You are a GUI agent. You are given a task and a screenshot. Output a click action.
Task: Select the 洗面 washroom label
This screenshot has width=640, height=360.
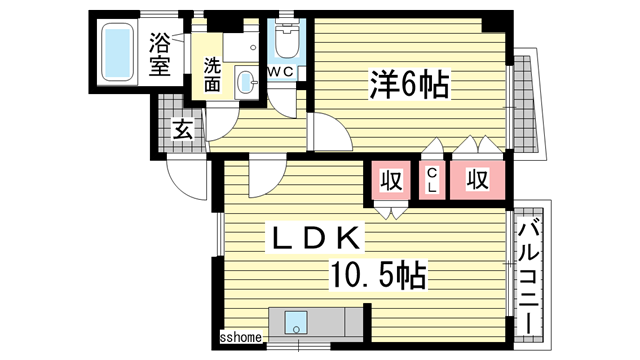213,76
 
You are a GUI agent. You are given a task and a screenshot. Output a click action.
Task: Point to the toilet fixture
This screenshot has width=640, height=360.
286,41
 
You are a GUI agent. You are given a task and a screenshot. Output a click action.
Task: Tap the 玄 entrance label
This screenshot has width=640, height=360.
183,128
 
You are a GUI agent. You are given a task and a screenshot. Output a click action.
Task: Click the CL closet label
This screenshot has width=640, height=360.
433,180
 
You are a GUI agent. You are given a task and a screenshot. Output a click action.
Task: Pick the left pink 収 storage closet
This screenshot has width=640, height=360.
391,181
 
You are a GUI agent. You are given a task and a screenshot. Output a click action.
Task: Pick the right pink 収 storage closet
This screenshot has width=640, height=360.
478,181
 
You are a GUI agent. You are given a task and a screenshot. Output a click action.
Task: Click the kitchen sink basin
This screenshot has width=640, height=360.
296,323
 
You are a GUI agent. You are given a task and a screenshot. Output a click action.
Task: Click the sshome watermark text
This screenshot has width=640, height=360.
241,338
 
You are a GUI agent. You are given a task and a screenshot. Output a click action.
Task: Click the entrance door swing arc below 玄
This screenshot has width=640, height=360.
186,180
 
